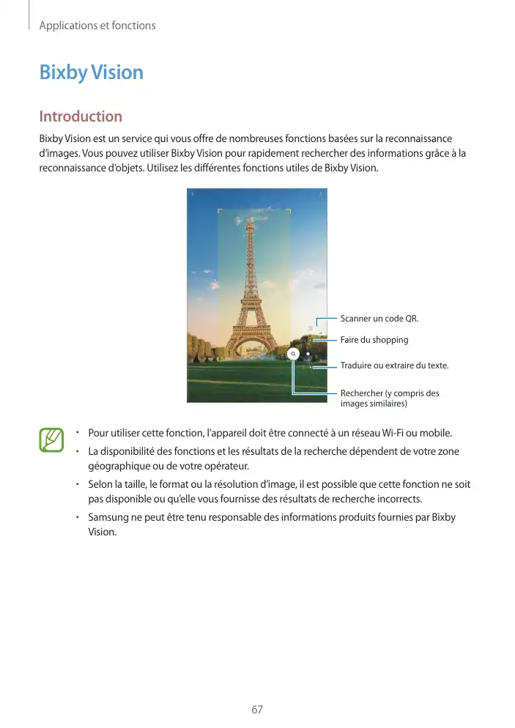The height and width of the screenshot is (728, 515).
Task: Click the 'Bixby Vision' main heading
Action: pos(91,73)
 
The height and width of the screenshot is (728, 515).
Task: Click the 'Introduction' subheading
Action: pos(81,116)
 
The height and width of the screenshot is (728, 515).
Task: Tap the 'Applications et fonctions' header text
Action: pos(97,26)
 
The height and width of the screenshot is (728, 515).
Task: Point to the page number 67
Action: pos(256,710)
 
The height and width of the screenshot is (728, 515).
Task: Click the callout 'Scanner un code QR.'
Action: pos(379,319)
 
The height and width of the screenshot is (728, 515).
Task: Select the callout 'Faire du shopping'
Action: pos(374,340)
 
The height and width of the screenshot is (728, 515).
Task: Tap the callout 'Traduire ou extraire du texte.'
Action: pos(394,365)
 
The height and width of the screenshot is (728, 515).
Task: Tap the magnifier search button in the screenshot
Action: pos(292,353)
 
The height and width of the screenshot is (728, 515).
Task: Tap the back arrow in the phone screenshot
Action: pos(193,194)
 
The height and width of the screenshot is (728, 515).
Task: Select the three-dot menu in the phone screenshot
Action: pos(321,194)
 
